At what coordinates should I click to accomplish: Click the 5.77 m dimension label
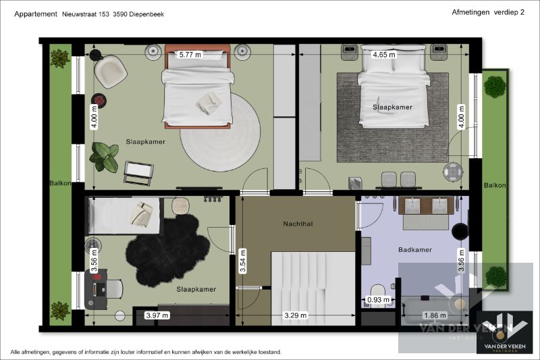tap(190, 55)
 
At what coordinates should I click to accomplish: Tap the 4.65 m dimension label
tap(384, 55)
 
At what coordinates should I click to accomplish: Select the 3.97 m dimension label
tap(157, 315)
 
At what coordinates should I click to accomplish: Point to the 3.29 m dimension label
tap(296, 315)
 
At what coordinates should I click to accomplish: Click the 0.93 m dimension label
tap(378, 300)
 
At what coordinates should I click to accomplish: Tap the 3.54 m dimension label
tap(243, 261)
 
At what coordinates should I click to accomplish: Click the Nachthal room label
tap(298, 224)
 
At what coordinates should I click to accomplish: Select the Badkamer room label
tap(415, 250)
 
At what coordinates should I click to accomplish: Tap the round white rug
tap(221, 132)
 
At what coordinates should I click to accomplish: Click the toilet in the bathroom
tap(378, 291)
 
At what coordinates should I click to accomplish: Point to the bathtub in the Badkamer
tap(435, 311)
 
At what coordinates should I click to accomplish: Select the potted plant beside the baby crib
tap(104, 157)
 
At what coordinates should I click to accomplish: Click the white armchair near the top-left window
tap(110, 72)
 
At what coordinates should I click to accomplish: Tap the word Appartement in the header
tap(36, 14)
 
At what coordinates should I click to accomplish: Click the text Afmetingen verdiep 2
tap(488, 12)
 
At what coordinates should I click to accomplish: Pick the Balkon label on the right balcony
tap(495, 185)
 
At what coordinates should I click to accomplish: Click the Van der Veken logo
tap(504, 333)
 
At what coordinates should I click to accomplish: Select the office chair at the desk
tap(114, 288)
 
